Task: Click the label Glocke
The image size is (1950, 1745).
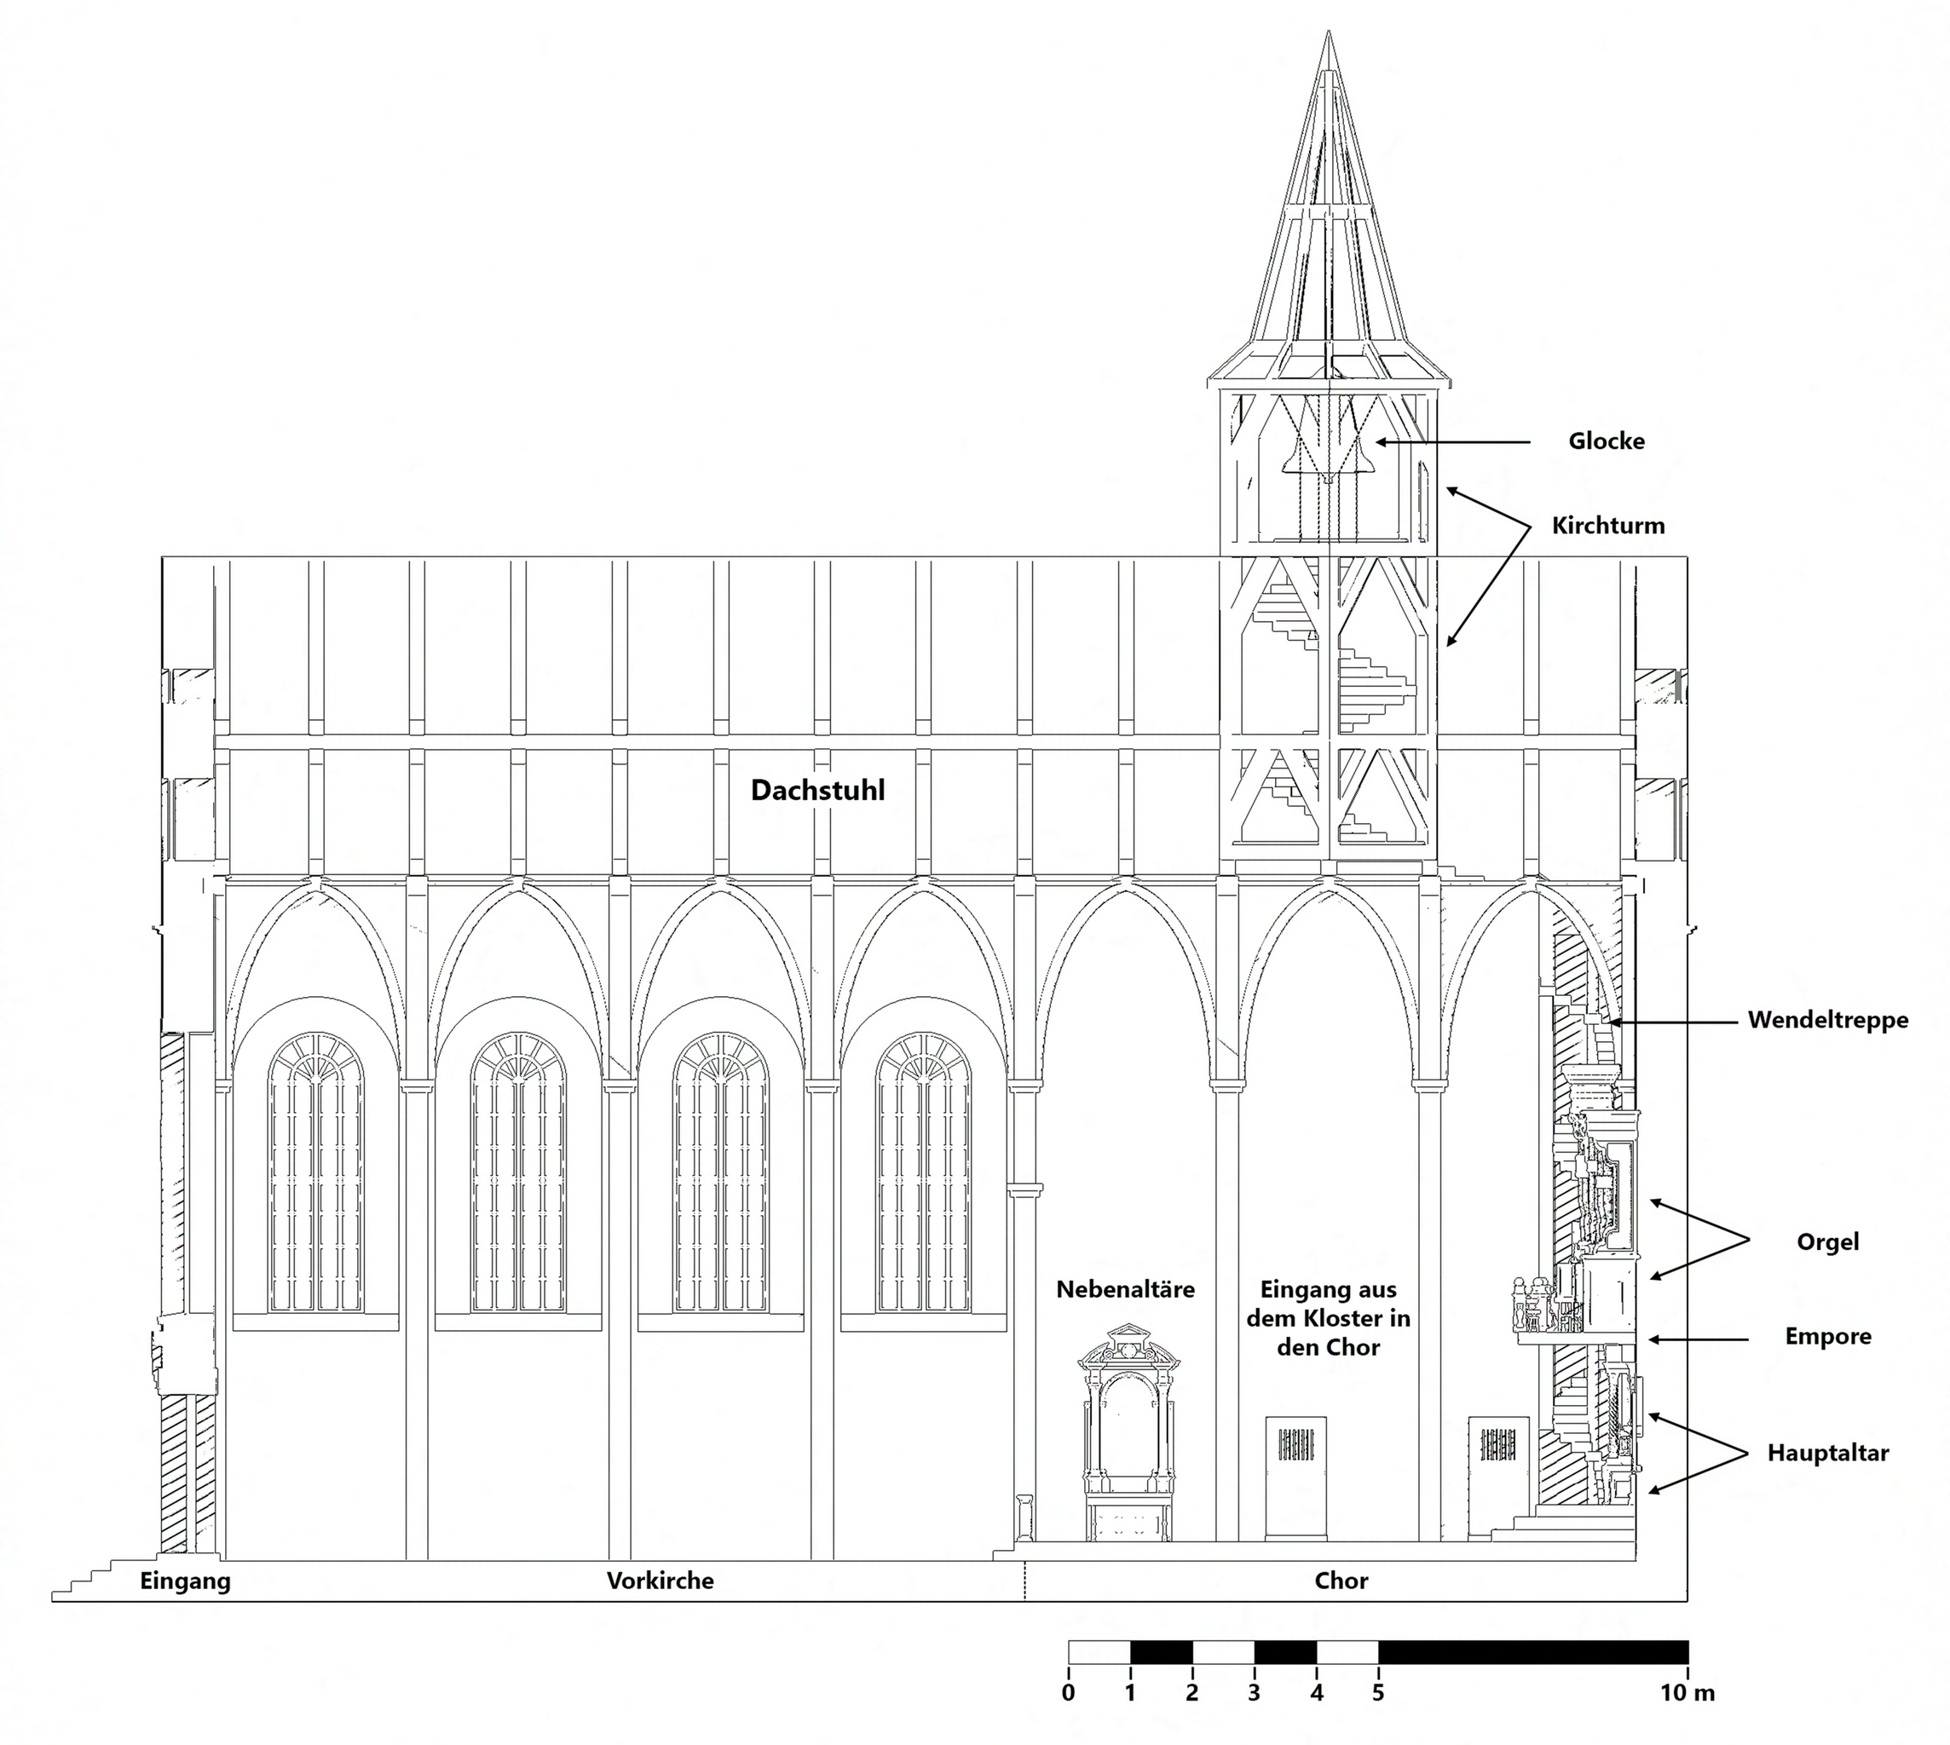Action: pos(1606,441)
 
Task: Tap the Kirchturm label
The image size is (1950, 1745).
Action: pos(1607,526)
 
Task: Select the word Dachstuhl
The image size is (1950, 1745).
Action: pos(817,790)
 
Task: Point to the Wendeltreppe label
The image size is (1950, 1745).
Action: pos(1827,1019)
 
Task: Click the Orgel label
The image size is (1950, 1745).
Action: pos(1827,1241)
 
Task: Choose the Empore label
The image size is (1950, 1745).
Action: pos(1827,1337)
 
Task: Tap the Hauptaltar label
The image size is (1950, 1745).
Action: pos(1827,1453)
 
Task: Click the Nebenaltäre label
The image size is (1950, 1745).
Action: pos(1125,1289)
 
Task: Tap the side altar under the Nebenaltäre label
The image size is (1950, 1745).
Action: pos(1128,1438)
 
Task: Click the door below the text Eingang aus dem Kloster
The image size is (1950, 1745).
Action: pos(1295,1477)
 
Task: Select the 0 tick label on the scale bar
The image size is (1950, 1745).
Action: pos(1069,1693)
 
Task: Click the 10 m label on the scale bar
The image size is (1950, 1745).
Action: pos(1687,1693)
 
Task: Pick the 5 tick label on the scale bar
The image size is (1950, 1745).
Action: pos(1378,1693)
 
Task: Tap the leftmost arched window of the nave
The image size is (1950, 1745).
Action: pos(315,1174)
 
